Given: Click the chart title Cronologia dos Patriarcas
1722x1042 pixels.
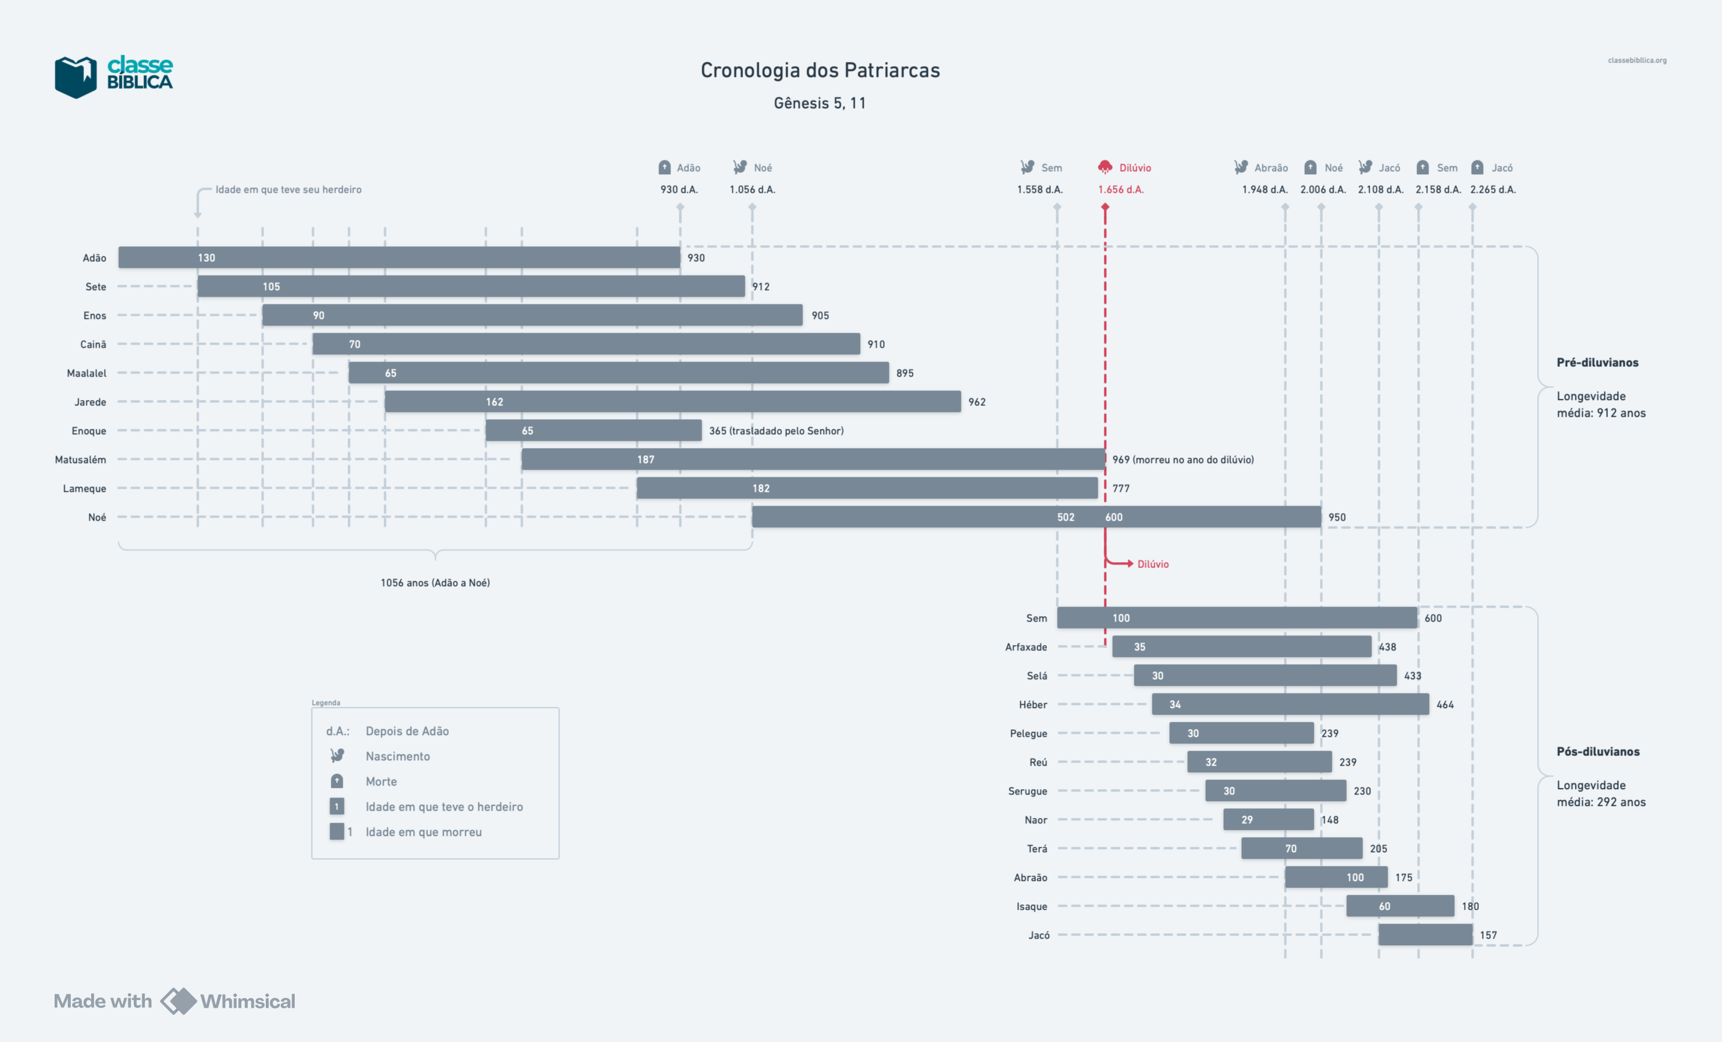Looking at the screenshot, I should click(x=820, y=70).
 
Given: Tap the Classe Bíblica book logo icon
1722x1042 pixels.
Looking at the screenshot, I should click(x=76, y=77).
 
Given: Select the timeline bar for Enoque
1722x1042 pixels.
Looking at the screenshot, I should click(x=594, y=430).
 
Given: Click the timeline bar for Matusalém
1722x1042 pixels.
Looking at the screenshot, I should click(x=813, y=459).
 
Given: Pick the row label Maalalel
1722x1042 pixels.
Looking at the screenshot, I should click(x=86, y=374).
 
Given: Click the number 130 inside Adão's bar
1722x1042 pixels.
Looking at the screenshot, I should click(x=206, y=258).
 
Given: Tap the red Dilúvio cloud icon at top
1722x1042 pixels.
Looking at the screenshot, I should click(x=1104, y=167).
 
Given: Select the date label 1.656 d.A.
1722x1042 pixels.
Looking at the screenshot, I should click(x=1120, y=190).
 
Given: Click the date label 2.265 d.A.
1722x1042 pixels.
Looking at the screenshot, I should click(x=1493, y=190).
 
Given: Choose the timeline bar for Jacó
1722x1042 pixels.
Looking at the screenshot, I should click(x=1425, y=935).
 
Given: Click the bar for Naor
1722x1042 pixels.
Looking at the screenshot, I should click(x=1268, y=820).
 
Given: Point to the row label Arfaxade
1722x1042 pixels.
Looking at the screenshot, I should click(x=1026, y=647).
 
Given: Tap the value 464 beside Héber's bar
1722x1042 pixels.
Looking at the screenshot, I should click(x=1445, y=705).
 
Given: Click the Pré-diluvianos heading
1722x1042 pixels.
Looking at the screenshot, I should click(x=1597, y=362).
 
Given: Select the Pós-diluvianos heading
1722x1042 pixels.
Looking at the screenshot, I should click(x=1598, y=752).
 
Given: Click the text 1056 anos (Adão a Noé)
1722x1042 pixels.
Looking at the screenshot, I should click(x=435, y=583).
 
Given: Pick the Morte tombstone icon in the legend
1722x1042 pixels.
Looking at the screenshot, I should click(x=337, y=781).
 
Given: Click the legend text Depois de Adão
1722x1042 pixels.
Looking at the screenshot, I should click(x=407, y=731).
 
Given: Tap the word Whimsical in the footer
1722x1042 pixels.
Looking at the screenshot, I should click(x=247, y=1001).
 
